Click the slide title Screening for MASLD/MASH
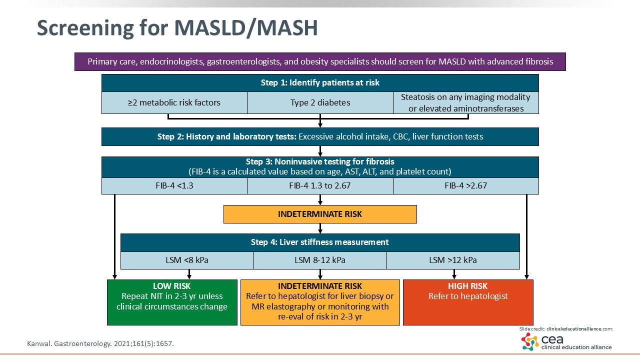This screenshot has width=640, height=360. click(177, 28)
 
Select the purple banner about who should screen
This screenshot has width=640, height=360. click(320, 62)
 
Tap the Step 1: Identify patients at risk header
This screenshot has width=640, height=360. click(320, 83)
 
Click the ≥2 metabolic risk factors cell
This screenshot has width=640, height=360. click(174, 103)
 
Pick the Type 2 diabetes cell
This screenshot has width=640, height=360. click(320, 103)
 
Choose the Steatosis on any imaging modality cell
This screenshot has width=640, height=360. click(465, 102)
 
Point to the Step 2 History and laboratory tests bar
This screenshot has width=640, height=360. click(320, 136)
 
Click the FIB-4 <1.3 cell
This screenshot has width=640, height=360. click(174, 186)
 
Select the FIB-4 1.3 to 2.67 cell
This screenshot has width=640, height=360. click(320, 186)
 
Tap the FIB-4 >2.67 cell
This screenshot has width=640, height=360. click(465, 186)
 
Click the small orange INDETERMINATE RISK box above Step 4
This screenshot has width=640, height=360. click(320, 214)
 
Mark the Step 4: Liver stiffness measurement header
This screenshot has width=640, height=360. click(320, 242)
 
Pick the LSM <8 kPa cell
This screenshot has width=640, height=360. click(187, 260)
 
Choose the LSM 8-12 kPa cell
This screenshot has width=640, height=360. click(320, 260)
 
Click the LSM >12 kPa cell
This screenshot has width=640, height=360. click(453, 260)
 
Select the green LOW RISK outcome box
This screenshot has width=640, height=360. click(172, 302)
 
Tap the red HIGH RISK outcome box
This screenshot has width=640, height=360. click(468, 302)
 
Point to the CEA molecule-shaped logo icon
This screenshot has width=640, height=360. click(530, 341)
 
